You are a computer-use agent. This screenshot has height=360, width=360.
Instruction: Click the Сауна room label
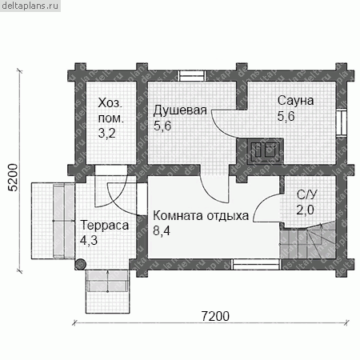[295, 101]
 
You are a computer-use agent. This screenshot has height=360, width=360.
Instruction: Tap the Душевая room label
[180, 110]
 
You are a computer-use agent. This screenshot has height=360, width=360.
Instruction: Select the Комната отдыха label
[201, 215]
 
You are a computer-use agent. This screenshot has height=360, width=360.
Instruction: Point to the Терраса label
[105, 225]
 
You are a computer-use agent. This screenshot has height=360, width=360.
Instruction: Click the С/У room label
[307, 195]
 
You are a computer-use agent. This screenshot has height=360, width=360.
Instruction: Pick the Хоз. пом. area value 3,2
[106, 133]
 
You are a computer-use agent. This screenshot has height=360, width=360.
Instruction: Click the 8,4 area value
[162, 230]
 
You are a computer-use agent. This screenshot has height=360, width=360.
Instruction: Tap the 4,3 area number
[89, 240]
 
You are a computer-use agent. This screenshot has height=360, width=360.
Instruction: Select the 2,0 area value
[306, 210]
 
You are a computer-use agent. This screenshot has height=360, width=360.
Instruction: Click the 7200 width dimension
[215, 316]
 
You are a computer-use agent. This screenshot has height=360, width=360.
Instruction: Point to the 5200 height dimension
[13, 178]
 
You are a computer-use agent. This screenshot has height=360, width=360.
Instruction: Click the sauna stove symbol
[266, 151]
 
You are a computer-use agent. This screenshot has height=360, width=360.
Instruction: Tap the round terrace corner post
[81, 264]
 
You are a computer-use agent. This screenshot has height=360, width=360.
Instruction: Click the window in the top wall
[192, 75]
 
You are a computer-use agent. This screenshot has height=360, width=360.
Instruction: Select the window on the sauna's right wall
[342, 122]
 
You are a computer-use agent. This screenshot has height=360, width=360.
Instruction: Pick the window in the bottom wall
[256, 264]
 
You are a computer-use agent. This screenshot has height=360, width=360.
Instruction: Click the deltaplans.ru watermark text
[30, 6]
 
